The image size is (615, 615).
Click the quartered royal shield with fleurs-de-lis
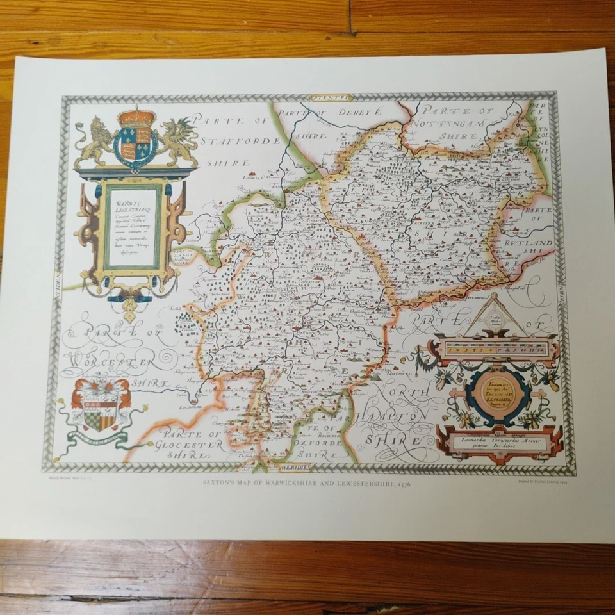tap(136, 147)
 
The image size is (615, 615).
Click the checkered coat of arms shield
tap(100, 411)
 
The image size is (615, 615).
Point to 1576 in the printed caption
tap(402, 486)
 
